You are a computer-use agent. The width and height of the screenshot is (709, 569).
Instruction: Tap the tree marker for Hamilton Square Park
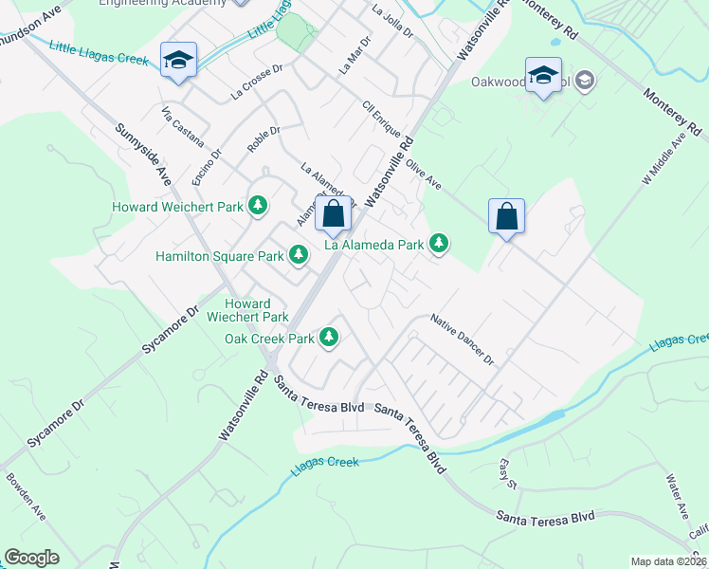point(299,254)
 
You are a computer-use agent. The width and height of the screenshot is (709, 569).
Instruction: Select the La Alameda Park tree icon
point(439,244)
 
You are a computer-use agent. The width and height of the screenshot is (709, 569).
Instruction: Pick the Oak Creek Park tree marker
point(329,337)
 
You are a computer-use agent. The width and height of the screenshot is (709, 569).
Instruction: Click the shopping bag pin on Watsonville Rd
point(334,214)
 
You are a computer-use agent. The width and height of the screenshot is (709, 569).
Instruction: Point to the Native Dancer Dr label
point(463,340)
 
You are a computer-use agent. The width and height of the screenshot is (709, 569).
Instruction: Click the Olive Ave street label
point(424,174)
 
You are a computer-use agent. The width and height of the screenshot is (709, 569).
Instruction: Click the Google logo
point(31,558)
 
